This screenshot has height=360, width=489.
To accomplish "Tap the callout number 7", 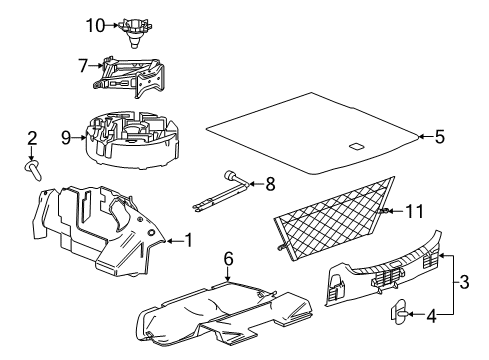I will tap(83, 65).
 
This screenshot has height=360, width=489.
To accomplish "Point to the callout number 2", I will tap(32, 138).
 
